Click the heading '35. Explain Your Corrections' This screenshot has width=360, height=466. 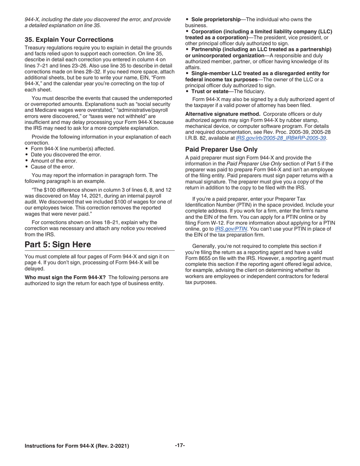(69, 40)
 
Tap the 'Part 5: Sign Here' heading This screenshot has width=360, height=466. (58, 244)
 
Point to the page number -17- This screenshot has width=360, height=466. (180, 446)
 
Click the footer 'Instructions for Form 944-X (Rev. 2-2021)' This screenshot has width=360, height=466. (77, 446)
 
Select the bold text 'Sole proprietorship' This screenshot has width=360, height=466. (216, 19)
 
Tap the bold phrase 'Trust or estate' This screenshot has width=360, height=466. (210, 91)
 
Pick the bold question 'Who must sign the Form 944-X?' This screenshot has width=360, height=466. (65, 277)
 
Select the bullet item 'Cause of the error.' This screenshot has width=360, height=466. (52, 167)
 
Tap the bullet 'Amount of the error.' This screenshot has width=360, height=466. (54, 161)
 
